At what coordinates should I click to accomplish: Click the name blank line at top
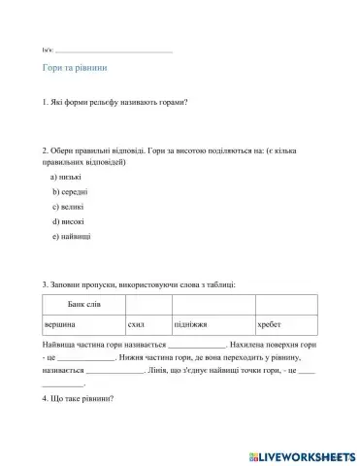click(x=115, y=49)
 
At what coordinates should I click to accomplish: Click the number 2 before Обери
click(x=46, y=150)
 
